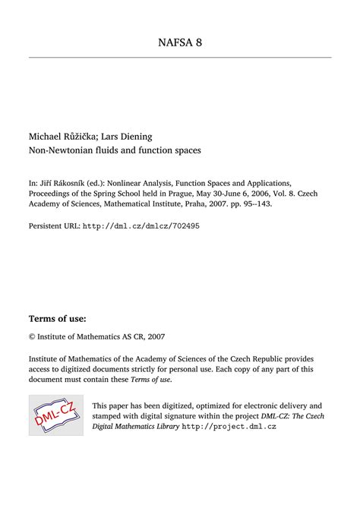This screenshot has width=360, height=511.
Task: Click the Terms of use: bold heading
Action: (57, 317)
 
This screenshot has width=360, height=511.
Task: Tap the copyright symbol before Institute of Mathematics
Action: (32, 336)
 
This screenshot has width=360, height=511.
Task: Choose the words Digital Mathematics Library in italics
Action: (134, 427)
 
